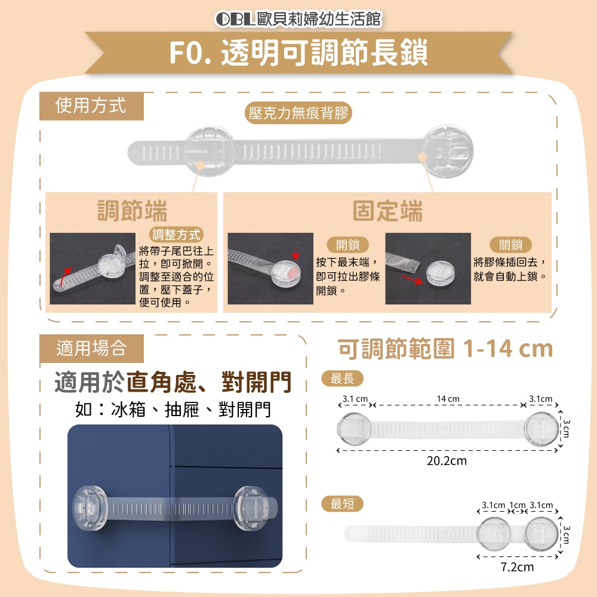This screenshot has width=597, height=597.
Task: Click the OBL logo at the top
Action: pyautogui.click(x=235, y=19)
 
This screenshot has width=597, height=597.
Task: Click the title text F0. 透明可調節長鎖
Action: pyautogui.click(x=298, y=52)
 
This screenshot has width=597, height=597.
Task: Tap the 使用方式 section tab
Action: pyautogui.click(x=91, y=106)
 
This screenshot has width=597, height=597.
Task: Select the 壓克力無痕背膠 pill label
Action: pyautogui.click(x=298, y=113)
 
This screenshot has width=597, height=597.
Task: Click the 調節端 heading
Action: pyautogui.click(x=132, y=211)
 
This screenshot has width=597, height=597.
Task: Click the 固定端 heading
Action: pyautogui.click(x=387, y=211)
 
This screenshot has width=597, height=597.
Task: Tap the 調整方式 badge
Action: pyautogui.click(x=176, y=235)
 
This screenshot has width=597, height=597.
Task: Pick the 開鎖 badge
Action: pyautogui.click(x=347, y=245)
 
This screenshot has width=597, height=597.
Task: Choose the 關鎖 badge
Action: pyautogui.click(x=510, y=245)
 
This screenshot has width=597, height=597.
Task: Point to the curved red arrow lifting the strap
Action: pyautogui.click(x=64, y=276)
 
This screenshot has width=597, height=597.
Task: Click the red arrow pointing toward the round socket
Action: pyautogui.click(x=413, y=280)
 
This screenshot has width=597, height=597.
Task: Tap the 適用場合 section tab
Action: pyautogui.click(x=91, y=349)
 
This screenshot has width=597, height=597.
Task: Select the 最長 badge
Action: pyautogui.click(x=342, y=378)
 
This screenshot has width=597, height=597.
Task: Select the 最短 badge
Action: pyautogui.click(x=342, y=504)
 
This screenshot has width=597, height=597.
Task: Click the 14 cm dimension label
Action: pyautogui.click(x=448, y=399)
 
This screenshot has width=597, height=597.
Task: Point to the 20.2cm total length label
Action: pyautogui.click(x=447, y=461)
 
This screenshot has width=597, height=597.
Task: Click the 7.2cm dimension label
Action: pyautogui.click(x=517, y=567)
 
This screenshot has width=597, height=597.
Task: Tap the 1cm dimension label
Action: pyautogui.click(x=518, y=505)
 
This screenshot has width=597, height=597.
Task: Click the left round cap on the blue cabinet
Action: pyautogui.click(x=88, y=508)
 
